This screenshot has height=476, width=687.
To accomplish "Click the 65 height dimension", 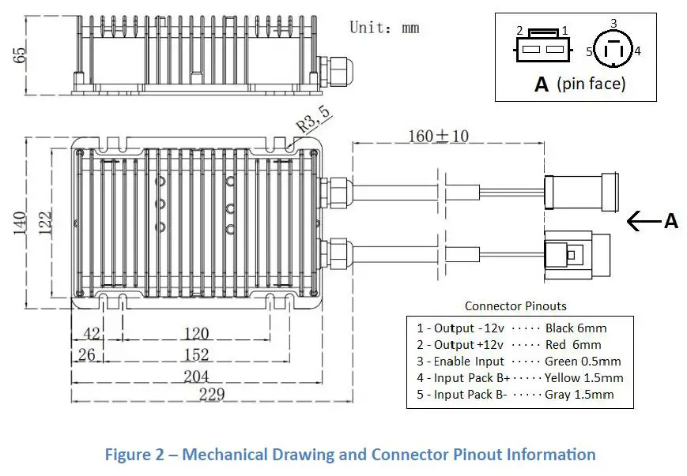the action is [20, 54].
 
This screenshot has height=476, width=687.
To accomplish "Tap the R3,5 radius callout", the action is [314, 119].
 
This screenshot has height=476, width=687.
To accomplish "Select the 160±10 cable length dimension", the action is [439, 136].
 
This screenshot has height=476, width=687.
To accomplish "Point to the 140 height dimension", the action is [20, 223].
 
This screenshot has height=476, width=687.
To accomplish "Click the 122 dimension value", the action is [45, 223].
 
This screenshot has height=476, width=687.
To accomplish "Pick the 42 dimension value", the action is [92, 333].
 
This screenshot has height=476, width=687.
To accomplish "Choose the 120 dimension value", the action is [196, 334].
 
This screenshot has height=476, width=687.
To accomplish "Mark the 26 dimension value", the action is [87, 354].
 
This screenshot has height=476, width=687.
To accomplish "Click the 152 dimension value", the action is [196, 354].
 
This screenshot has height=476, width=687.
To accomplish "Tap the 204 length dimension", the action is [196, 377].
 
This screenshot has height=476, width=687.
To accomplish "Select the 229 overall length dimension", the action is [212, 395].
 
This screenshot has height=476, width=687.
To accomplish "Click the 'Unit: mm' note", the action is [384, 28].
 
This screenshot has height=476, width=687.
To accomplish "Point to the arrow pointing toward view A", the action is [644, 221].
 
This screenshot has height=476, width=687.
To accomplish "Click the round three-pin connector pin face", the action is [613, 49].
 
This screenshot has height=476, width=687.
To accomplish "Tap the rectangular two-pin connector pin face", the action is [542, 47].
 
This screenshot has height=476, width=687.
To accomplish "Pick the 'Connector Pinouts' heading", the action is [515, 305].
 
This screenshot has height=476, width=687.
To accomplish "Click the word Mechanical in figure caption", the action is [225, 454].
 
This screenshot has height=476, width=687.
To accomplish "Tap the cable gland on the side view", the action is [337, 69].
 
